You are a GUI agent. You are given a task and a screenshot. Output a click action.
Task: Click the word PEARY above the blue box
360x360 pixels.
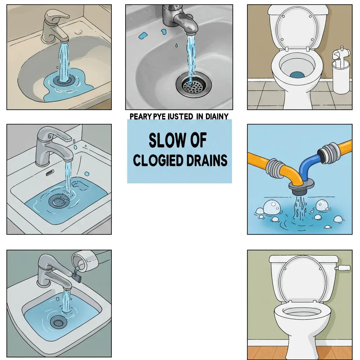[140, 116]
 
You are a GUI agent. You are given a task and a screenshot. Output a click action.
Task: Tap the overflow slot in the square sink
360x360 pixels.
[50, 172]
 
